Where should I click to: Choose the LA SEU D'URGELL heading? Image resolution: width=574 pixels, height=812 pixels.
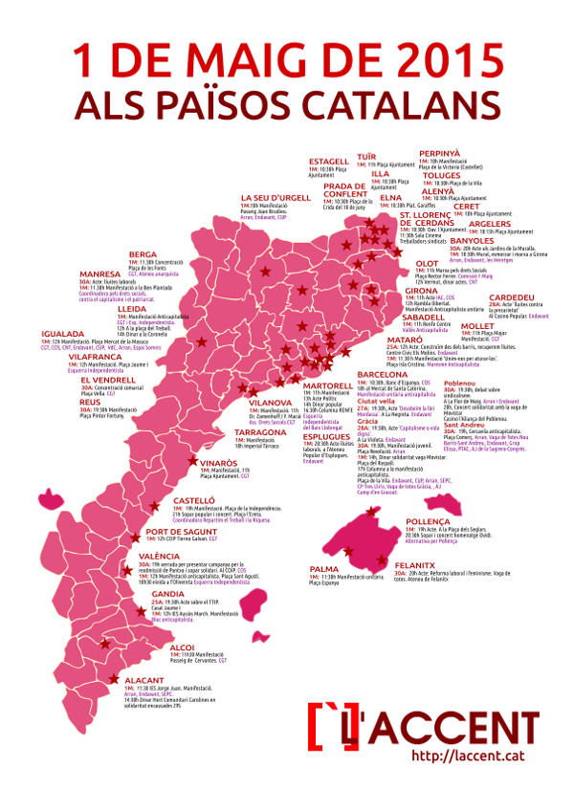click(276, 198)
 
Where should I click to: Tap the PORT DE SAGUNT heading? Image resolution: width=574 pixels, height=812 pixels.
click(177, 532)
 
